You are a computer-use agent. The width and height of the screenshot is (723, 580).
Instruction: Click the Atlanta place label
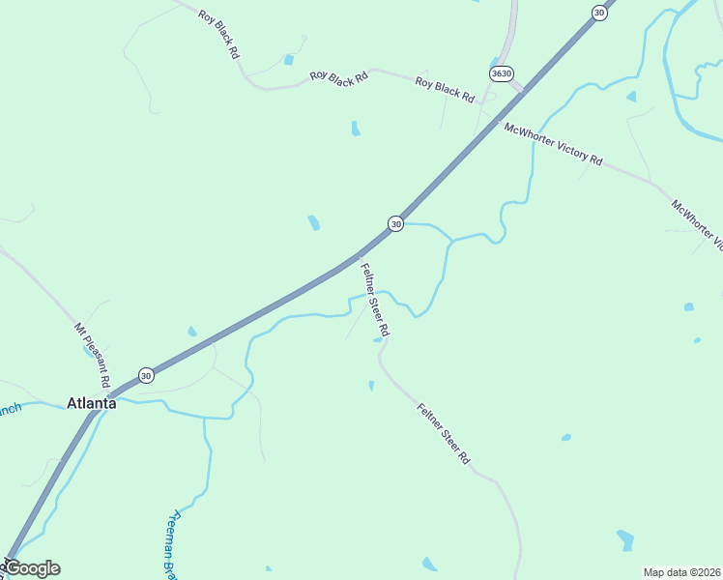(x=91, y=403)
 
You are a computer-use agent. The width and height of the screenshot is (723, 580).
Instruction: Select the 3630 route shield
(x=501, y=73)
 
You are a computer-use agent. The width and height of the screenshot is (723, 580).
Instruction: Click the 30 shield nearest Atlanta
(x=145, y=375)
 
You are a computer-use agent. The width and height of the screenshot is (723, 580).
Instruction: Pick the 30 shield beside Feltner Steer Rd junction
(x=395, y=223)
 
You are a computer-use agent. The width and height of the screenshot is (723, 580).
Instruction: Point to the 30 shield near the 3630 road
(x=599, y=13)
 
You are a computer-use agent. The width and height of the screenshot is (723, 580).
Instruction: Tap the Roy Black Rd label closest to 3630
(x=445, y=89)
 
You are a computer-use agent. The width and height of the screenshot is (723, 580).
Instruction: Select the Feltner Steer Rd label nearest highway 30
(x=375, y=300)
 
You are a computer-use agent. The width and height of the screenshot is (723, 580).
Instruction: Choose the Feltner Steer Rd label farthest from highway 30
(x=443, y=433)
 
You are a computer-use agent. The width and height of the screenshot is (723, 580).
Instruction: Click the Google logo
(x=31, y=568)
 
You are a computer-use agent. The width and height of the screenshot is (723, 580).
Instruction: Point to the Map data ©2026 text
(x=681, y=572)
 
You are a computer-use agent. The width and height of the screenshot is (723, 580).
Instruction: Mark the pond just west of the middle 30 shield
(x=313, y=222)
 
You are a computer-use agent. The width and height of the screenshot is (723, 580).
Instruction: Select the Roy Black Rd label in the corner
(x=218, y=35)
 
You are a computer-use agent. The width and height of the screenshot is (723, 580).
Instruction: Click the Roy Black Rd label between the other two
(x=339, y=76)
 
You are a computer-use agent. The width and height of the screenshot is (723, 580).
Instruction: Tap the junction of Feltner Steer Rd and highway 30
(x=358, y=256)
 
